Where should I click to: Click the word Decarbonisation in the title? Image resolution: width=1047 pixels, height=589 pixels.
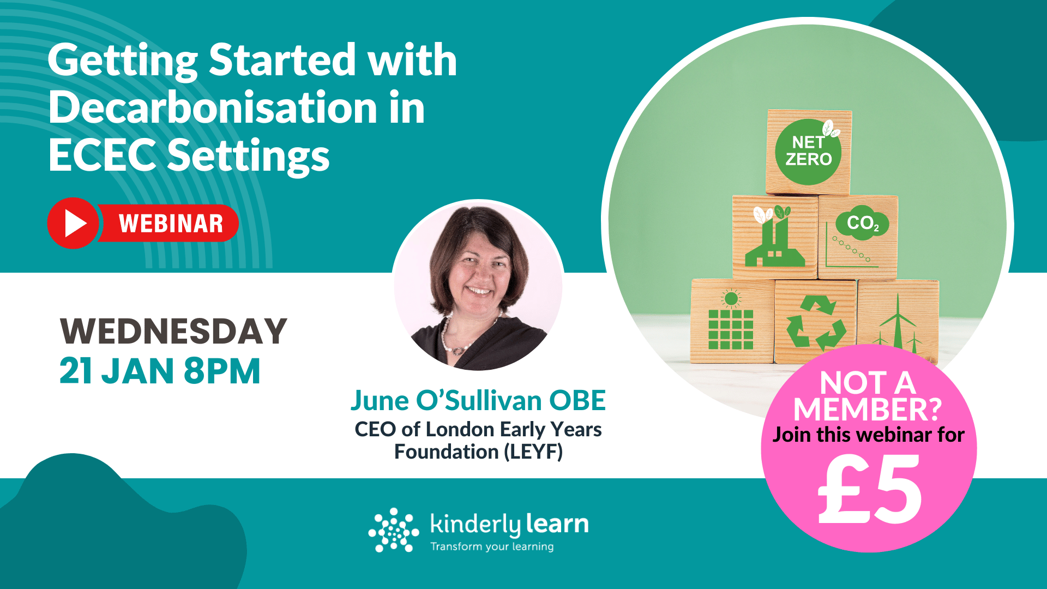pyautogui.click(x=213, y=108)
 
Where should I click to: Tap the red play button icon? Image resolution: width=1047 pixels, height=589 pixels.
pyautogui.click(x=73, y=223)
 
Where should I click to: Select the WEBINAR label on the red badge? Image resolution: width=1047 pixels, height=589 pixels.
pyautogui.click(x=171, y=224)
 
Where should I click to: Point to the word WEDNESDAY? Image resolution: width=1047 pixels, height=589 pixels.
pyautogui.click(x=173, y=331)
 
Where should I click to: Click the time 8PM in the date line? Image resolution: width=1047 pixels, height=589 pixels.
pyautogui.click(x=222, y=371)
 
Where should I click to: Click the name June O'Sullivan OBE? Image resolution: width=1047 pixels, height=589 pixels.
pyautogui.click(x=478, y=400)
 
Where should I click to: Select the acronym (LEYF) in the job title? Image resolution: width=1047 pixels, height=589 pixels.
pyautogui.click(x=533, y=452)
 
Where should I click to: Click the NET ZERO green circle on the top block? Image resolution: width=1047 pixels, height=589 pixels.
pyautogui.click(x=808, y=152)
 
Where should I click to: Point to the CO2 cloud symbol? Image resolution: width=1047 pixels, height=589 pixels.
pyautogui.click(x=862, y=223)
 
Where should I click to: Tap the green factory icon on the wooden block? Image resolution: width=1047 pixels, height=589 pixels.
pyautogui.click(x=774, y=240)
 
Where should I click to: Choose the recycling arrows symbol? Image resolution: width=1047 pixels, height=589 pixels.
pyautogui.click(x=816, y=323)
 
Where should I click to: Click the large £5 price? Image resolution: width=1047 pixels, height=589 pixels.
pyautogui.click(x=869, y=488)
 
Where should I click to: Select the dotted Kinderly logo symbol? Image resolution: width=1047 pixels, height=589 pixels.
pyautogui.click(x=394, y=530)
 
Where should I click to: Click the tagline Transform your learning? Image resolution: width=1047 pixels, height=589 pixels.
pyautogui.click(x=492, y=546)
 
